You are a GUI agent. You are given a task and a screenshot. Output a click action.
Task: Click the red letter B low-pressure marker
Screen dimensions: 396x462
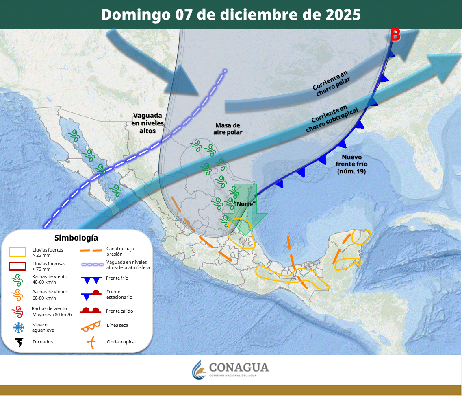(395, 35)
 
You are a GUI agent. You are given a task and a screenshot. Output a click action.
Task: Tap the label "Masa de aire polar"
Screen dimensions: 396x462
(228, 129)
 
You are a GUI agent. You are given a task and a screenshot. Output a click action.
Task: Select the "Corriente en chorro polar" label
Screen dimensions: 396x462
(330, 83)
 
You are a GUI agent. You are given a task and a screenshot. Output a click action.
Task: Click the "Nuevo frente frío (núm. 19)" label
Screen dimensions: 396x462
(351, 164)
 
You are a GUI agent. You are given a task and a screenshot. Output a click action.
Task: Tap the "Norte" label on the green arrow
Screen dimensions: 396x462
(245, 203)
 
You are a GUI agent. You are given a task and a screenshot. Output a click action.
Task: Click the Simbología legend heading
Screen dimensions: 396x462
(76, 238)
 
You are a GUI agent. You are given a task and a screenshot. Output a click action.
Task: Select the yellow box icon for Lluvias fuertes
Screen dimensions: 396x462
(17, 252)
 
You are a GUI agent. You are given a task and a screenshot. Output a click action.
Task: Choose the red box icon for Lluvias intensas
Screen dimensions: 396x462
(17, 266)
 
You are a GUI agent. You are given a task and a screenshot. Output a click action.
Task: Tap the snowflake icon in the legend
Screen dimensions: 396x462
(18, 327)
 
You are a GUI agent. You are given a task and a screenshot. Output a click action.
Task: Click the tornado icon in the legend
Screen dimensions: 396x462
(18, 342)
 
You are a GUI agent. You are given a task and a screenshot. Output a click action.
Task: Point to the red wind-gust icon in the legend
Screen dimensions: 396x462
(18, 311)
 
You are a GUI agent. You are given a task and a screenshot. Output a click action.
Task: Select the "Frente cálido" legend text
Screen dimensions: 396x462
(119, 311)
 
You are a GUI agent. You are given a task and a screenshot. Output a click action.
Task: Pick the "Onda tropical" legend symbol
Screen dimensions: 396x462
(91, 342)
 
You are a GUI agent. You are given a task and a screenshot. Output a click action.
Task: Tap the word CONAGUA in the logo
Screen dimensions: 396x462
(239, 368)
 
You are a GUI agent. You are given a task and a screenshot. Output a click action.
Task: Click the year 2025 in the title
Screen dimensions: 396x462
(343, 15)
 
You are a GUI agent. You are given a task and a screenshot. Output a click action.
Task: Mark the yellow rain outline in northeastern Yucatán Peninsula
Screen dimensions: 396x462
(361, 236)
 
